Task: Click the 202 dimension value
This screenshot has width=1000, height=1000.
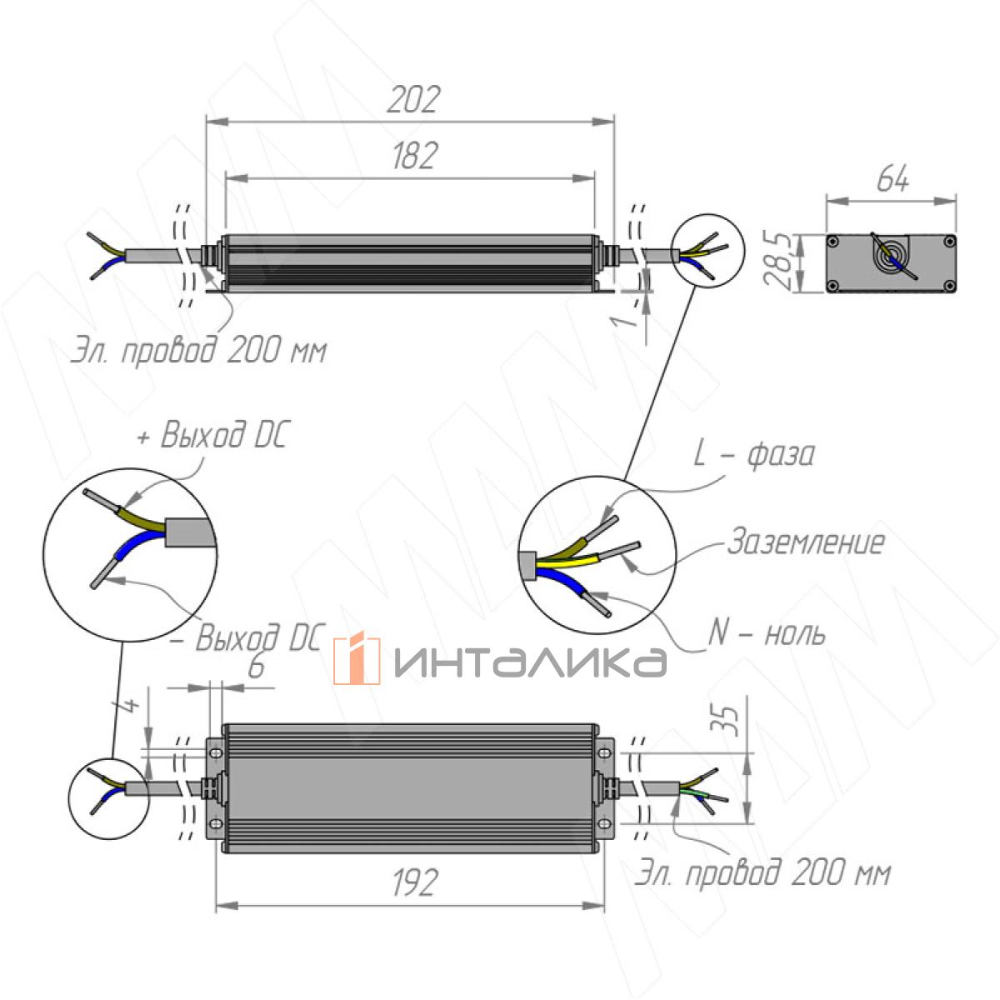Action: (x=412, y=100)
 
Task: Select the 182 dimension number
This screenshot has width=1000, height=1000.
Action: (x=412, y=156)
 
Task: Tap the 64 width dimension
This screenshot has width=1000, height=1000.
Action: (x=892, y=180)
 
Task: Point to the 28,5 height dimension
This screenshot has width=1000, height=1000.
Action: (x=778, y=262)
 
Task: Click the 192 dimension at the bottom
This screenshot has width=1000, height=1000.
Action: (x=413, y=882)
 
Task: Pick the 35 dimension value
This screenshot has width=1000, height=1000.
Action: (x=727, y=720)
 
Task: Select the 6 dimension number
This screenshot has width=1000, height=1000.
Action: (x=257, y=667)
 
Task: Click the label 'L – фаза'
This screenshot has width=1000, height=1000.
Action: (x=754, y=455)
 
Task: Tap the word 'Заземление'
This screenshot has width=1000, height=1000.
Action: (x=805, y=542)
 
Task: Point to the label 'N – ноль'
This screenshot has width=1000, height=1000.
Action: (x=767, y=634)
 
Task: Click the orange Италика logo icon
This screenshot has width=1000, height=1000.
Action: (x=357, y=660)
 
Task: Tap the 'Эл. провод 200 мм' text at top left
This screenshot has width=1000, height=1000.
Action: (x=197, y=351)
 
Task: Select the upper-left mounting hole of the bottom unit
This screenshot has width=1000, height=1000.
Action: (x=216, y=752)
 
